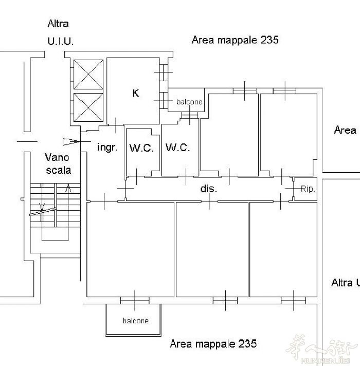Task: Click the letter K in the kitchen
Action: pyautogui.click(x=136, y=93)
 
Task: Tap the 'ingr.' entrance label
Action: pyautogui.click(x=107, y=148)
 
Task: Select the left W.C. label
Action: pyautogui.click(x=141, y=148)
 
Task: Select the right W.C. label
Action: pyautogui.click(x=177, y=148)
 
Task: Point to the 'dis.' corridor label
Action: pyautogui.click(x=209, y=188)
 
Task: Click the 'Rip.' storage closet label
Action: pyautogui.click(x=308, y=189)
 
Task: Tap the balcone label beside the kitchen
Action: pyautogui.click(x=189, y=102)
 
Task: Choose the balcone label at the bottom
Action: pyautogui.click(x=136, y=321)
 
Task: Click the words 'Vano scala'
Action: pyautogui.click(x=58, y=163)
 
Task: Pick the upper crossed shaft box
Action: pyautogui.click(x=88, y=75)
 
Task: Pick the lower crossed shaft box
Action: pyautogui.click(x=88, y=107)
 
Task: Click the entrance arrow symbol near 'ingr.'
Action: pyautogui.click(x=71, y=142)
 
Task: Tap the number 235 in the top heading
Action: pyautogui.click(x=269, y=40)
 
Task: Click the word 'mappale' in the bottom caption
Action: pyautogui.click(x=215, y=344)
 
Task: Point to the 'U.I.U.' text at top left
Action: pyautogui.click(x=61, y=41)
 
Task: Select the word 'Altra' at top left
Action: pyautogui.click(x=58, y=24)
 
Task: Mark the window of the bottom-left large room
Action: pyautogui.click(x=135, y=300)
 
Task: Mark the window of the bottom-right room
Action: pyautogui.click(x=294, y=300)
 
